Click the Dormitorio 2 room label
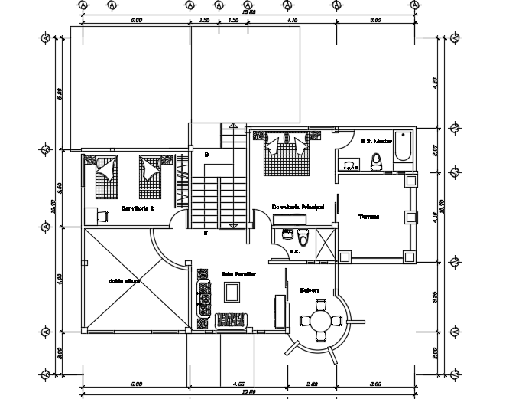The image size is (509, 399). tap(138, 208)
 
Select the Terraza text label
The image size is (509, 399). tap(369, 217)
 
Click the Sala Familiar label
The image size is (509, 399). tap(238, 273)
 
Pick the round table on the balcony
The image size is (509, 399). tap(320, 322)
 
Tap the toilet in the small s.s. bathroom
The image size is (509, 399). tap(303, 235)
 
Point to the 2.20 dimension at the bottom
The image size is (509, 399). tap(312, 383)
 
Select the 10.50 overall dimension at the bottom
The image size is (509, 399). tap(248, 392)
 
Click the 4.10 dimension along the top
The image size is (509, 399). tap(293, 21)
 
